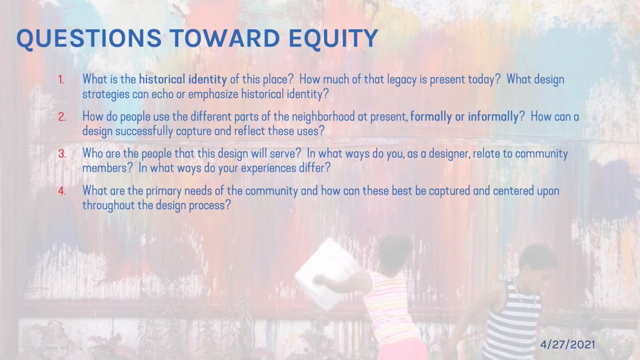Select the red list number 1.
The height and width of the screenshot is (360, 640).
point(61,80)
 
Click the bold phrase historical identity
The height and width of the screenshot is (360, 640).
point(182,79)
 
